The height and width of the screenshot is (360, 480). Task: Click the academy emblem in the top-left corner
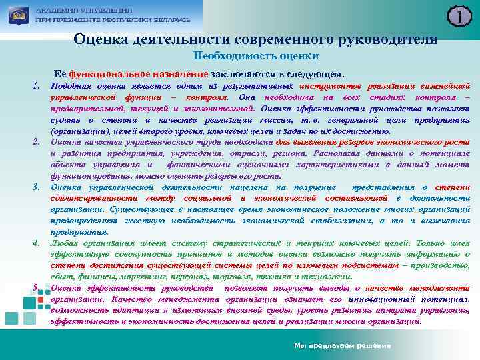coord(17,14)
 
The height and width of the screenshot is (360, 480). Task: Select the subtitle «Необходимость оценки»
coord(256,57)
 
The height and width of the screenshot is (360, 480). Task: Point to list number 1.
coord(37,87)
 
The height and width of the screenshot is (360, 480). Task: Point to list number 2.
coord(37,142)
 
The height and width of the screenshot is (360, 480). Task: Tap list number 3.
coord(37,185)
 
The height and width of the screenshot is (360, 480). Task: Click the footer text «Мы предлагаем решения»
coord(344,346)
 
